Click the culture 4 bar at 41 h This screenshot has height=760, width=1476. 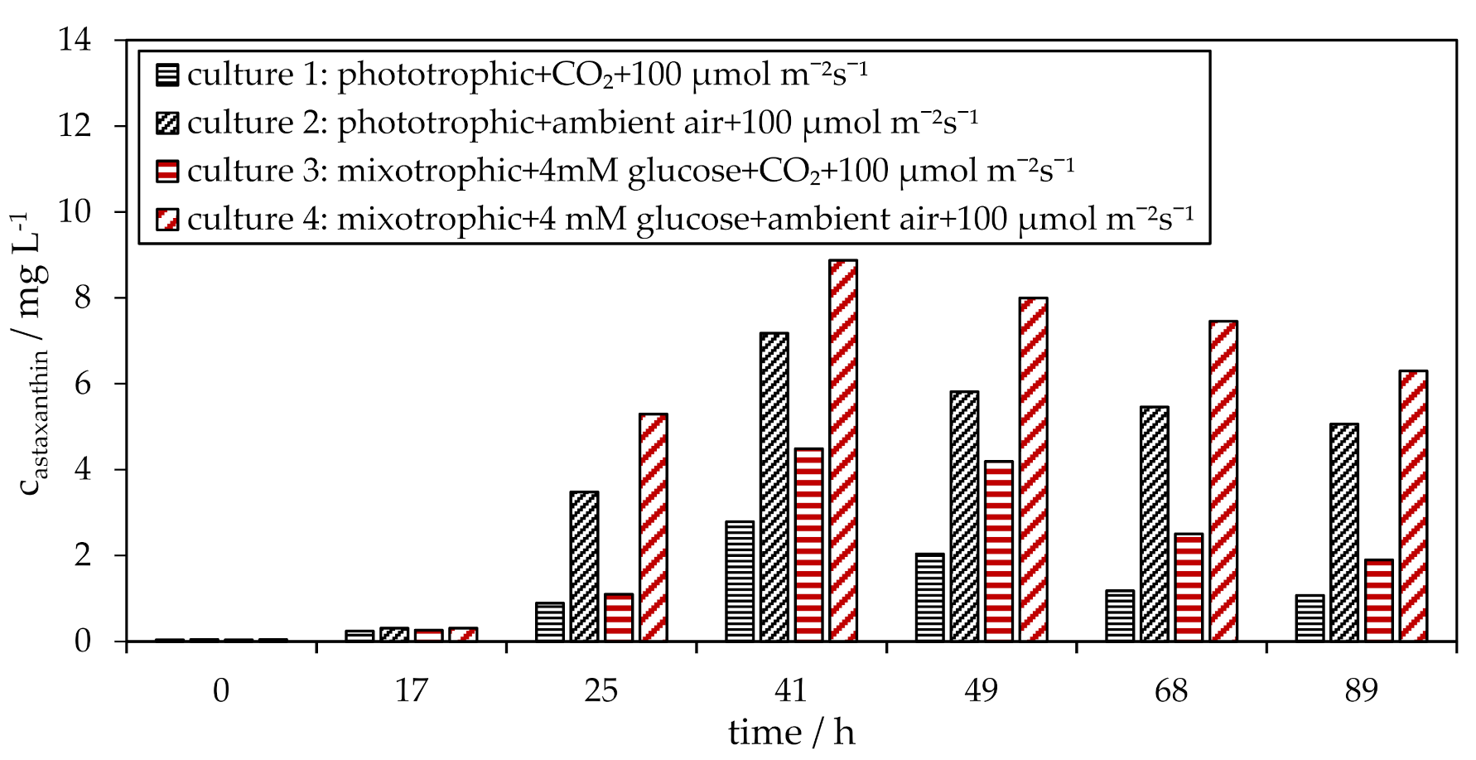tap(843, 451)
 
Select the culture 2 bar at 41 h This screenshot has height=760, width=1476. tap(774, 487)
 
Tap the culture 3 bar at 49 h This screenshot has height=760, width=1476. tap(999, 551)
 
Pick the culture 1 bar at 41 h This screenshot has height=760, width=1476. tap(740, 581)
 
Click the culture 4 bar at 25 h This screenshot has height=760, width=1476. tap(654, 527)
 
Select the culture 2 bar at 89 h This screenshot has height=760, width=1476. tap(1344, 532)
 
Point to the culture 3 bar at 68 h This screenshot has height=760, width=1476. tap(1189, 588)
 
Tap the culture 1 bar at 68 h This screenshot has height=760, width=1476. tap(1120, 616)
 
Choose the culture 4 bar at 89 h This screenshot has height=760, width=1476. tap(1413, 506)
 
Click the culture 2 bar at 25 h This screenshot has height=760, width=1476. tap(584, 566)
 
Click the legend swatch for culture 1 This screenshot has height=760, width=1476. tap(167, 75)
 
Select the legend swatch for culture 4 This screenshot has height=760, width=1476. tap(167, 220)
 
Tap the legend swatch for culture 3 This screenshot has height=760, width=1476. tap(167, 172)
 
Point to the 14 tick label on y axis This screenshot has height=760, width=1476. tap(75, 40)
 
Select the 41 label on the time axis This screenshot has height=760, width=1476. tap(791, 690)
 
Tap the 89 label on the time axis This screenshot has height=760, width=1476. tap(1361, 690)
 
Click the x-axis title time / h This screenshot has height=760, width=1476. tap(791, 733)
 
